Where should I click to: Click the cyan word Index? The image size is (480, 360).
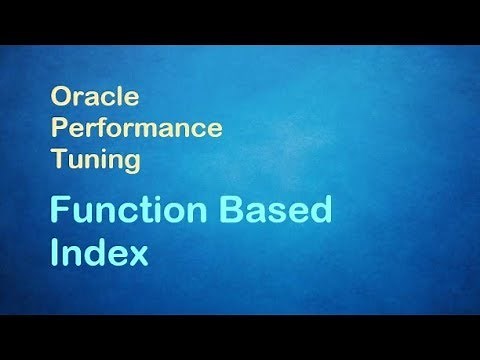point(99,250)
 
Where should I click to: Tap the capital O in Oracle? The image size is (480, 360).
point(58,100)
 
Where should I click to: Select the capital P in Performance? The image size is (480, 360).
point(58,130)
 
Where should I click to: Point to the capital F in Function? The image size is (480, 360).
point(59,212)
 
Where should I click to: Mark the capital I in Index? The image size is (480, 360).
point(55,250)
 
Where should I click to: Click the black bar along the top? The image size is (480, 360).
point(240,20)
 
